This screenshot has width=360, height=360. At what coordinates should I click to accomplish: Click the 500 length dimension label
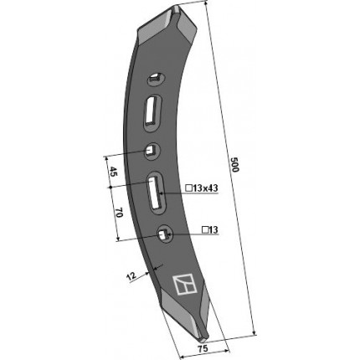click(234, 165)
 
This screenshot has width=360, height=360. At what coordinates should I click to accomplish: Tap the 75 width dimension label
click(203, 348)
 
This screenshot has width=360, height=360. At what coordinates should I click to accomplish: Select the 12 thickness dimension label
click(131, 276)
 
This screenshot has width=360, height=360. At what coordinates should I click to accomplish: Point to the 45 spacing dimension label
click(114, 172)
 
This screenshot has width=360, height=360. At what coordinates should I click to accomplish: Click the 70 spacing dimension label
click(119, 213)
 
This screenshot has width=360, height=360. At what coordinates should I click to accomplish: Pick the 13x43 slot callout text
click(203, 188)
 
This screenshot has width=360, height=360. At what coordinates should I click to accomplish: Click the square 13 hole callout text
click(210, 230)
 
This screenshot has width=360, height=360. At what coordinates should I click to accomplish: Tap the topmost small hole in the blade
click(157, 79)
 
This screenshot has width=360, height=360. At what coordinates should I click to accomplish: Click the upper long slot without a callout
click(152, 111)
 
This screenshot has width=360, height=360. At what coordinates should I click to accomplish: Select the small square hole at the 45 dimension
click(152, 151)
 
